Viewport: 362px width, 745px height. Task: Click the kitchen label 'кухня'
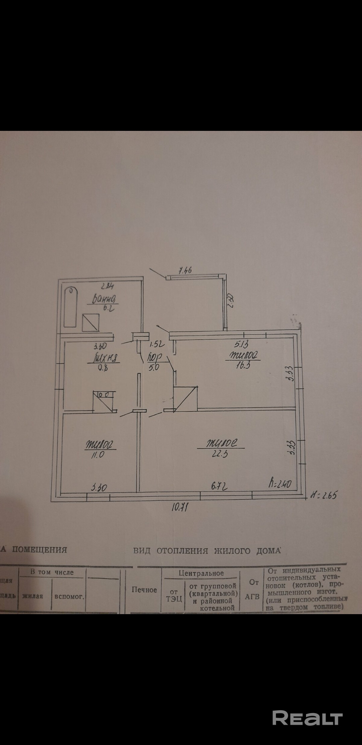104,358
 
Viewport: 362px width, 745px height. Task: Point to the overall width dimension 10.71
179,508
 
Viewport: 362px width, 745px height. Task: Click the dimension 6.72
220,486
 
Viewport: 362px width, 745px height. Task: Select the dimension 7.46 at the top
185,270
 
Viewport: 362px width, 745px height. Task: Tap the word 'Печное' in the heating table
144,590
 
